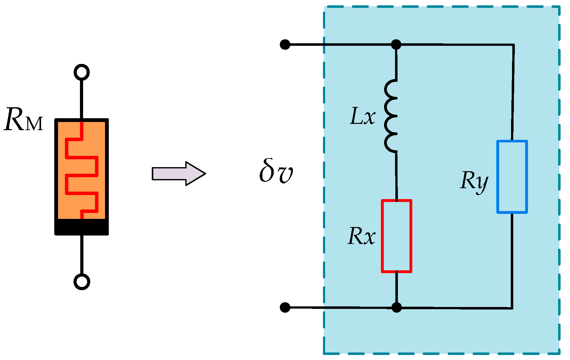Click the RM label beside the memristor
(x=23, y=120)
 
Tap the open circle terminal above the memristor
(x=82, y=72)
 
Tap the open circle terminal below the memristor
(x=82, y=282)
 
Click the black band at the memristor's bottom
(x=82, y=226)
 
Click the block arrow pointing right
(x=178, y=173)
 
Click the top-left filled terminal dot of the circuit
(x=285, y=45)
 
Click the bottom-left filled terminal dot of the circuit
(x=285, y=307)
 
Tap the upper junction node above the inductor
(x=396, y=45)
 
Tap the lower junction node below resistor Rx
(x=397, y=307)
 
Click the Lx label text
(x=362, y=116)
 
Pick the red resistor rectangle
(x=397, y=236)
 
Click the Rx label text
(x=362, y=236)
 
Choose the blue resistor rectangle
(x=512, y=177)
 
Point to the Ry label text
(x=474, y=181)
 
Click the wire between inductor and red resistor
(x=396, y=176)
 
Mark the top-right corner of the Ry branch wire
(x=513, y=45)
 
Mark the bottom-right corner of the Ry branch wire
(x=512, y=308)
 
